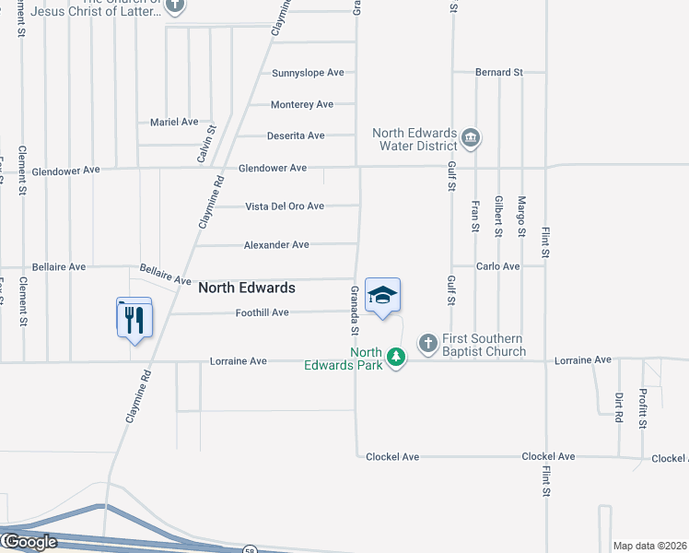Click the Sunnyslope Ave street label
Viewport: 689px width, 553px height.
308,73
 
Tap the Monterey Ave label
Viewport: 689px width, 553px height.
302,105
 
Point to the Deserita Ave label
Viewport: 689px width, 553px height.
296,135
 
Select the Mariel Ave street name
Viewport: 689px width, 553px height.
174,122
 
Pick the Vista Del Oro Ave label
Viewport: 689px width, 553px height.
285,206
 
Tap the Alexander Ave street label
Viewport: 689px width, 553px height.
276,245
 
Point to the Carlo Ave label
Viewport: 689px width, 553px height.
498,266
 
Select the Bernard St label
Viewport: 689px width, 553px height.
499,72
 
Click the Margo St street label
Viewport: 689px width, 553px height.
521,218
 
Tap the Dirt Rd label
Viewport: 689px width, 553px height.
618,407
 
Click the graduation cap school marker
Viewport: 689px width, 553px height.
382,295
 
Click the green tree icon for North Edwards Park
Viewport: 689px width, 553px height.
396,357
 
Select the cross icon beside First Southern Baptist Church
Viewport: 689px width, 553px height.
427,344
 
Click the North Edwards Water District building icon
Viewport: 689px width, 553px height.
471,139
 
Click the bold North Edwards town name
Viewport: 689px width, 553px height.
247,288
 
